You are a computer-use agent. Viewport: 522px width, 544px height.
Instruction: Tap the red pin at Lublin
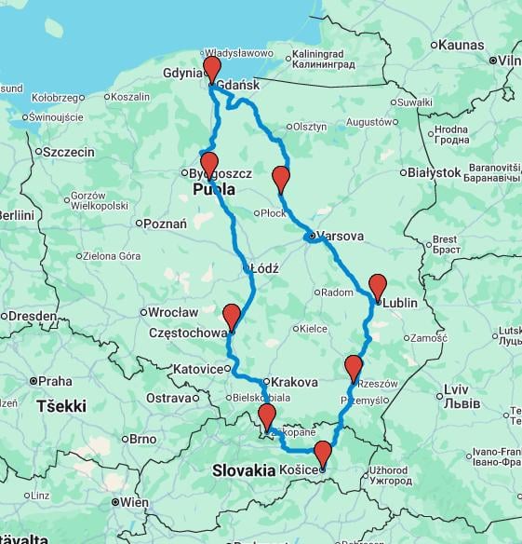377,286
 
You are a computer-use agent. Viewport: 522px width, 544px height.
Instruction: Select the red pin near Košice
322,454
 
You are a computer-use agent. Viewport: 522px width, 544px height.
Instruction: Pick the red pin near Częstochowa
232,317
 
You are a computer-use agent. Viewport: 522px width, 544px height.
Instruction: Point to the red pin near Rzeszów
353,367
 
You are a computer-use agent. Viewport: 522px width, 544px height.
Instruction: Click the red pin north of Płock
281,179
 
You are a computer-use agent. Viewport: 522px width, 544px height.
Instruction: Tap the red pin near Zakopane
267,416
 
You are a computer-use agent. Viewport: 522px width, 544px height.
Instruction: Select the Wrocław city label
173,312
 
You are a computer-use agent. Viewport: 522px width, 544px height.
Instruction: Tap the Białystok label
435,172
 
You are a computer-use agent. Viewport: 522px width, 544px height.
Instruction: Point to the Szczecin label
69,152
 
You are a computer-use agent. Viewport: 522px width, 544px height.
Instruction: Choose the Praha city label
55,381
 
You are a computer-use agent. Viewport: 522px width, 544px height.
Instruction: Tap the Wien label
133,502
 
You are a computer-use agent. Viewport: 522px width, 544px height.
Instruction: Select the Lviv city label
456,388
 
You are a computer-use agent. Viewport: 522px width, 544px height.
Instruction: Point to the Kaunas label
461,44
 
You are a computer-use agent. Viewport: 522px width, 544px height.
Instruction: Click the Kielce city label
313,329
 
